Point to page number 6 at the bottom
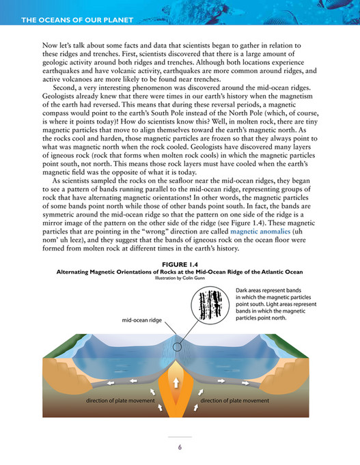(180, 447)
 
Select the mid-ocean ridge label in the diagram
(142, 320)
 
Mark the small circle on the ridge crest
(178, 347)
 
